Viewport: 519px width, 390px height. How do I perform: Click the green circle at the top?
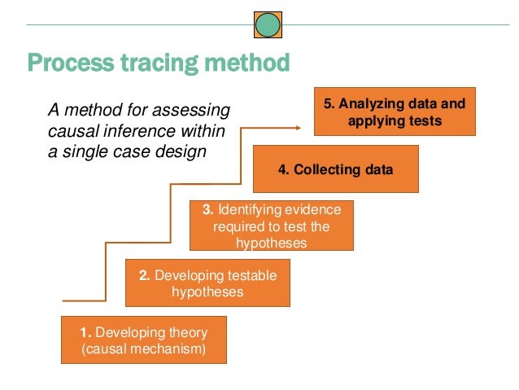pyautogui.click(x=268, y=24)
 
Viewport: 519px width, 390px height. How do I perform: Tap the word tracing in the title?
pyautogui.click(x=166, y=62)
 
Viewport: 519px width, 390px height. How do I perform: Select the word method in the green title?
pyautogui.click(x=251, y=62)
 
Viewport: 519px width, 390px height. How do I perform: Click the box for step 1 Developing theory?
pyautogui.click(x=143, y=340)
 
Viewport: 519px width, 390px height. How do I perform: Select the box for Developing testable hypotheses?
pyautogui.click(x=207, y=283)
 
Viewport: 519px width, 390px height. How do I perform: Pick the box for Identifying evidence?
pyautogui.click(x=272, y=224)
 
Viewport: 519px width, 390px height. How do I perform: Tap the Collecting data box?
pyautogui.click(x=335, y=169)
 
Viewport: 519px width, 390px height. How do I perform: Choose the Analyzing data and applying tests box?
pyautogui.click(x=394, y=112)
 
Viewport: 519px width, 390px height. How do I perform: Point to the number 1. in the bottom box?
pyautogui.click(x=85, y=332)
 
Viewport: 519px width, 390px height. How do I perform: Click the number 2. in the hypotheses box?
pyautogui.click(x=144, y=275)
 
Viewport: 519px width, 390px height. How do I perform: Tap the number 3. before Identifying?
pyautogui.click(x=207, y=209)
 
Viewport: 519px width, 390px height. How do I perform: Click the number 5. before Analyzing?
pyautogui.click(x=329, y=104)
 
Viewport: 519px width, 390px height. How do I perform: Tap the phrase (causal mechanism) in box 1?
pyautogui.click(x=143, y=348)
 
